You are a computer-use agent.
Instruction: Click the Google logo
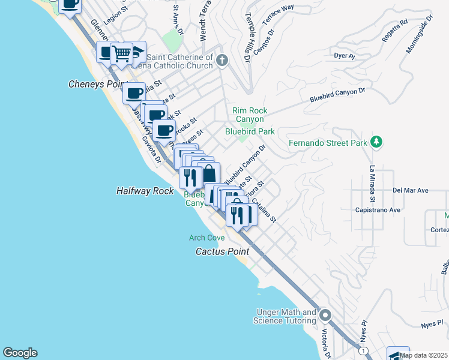20,353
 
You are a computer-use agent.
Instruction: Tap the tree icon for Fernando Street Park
377,142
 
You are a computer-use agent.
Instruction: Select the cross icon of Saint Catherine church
222,59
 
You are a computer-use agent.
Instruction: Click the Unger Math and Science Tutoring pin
325,314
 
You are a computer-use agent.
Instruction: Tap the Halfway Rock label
145,191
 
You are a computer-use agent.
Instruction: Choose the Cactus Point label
221,251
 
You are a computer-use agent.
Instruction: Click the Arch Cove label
207,238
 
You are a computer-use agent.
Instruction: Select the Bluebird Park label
250,131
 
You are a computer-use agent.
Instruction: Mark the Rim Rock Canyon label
250,115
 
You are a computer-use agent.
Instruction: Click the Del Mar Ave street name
410,190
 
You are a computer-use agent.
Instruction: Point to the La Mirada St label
373,183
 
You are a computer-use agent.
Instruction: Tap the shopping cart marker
122,53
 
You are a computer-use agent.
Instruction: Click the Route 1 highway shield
362,350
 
